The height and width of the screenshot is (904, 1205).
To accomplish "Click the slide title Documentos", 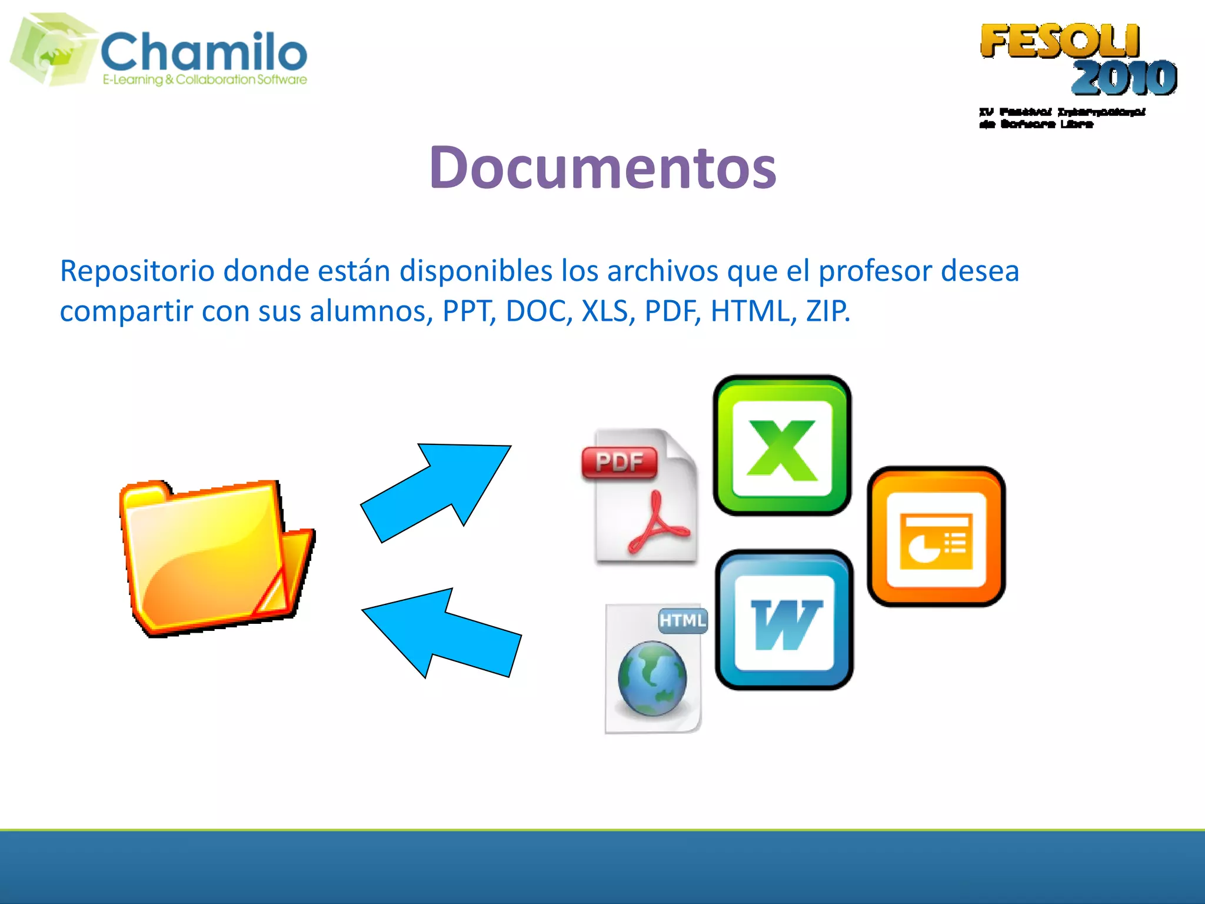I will click(602, 168).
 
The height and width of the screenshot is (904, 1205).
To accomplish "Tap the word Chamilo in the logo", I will click(204, 52).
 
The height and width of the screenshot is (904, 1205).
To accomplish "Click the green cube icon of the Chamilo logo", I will click(53, 49).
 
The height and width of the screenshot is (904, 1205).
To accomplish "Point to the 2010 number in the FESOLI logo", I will click(1124, 78).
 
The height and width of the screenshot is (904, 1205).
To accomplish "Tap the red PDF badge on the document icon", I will click(619, 462).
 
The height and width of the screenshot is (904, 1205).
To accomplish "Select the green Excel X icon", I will click(782, 446).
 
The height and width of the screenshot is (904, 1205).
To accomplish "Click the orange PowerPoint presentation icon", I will click(936, 537).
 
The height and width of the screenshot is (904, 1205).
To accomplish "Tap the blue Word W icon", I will click(784, 620).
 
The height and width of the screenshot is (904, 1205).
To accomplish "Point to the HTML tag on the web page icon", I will click(683, 620).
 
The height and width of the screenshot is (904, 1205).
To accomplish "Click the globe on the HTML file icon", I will click(653, 678).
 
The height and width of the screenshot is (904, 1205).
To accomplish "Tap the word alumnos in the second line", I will click(371, 311).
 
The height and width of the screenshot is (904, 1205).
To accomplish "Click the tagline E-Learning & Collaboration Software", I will click(205, 79).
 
